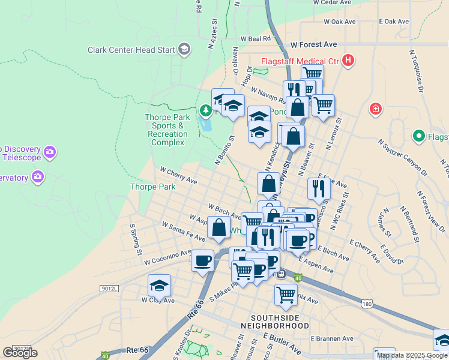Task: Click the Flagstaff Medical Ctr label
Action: click(300, 61)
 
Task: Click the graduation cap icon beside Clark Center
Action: click(184, 50)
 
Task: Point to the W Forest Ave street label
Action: click(313, 44)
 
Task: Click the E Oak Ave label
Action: click(394, 22)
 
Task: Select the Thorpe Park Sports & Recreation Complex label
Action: click(167, 130)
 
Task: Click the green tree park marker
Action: click(206, 110)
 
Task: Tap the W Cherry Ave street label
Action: click(178, 175)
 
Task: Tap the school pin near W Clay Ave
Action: click(159, 286)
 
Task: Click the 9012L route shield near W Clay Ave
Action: click(109, 289)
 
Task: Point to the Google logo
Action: click(20, 353)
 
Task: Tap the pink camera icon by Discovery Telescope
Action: click(49, 152)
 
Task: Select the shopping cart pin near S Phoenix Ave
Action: click(286, 295)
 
